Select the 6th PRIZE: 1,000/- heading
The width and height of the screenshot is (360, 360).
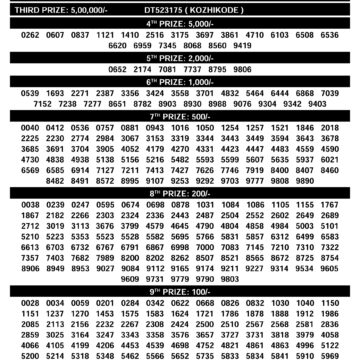pyautogui.click(x=180, y=81)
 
